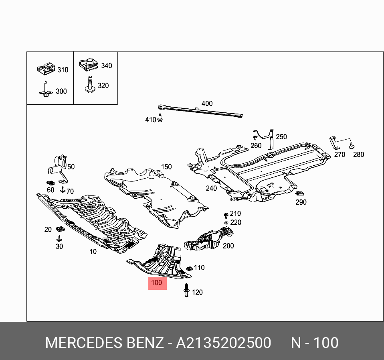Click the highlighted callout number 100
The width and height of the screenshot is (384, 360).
[157, 283]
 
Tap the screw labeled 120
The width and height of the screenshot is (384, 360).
[186, 291]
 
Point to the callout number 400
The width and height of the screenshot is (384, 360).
[207, 104]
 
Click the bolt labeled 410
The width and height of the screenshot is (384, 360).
[160, 118]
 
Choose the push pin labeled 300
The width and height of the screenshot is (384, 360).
[46, 89]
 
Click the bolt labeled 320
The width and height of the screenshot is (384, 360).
[89, 85]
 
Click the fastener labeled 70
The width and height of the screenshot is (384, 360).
[62, 189]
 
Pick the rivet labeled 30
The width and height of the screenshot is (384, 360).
[59, 239]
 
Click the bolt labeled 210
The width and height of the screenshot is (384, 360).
[226, 215]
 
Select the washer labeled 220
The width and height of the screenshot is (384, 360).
[226, 222]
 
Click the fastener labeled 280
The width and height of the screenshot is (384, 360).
[352, 146]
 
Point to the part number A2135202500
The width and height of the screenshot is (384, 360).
[224, 343]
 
